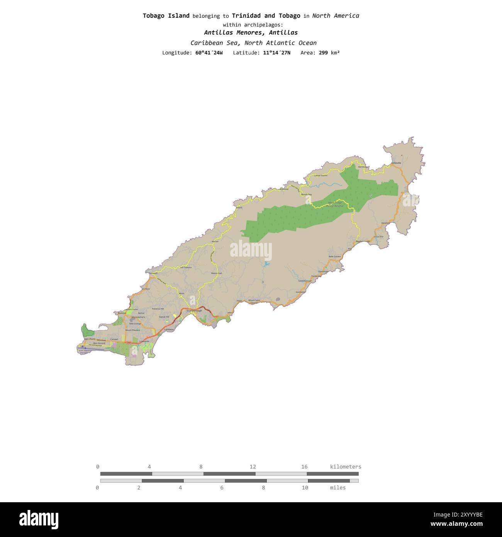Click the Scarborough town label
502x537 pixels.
(194, 311)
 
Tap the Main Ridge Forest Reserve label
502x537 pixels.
(335, 204)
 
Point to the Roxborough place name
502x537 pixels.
(363, 241)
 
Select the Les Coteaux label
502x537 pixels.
(186, 267)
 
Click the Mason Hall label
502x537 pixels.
(216, 274)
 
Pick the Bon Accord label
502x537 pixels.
(99, 343)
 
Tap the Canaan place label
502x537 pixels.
(114, 339)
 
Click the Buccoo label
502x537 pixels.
(122, 313)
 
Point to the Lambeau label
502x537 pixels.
(169, 329)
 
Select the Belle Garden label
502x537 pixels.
(335, 257)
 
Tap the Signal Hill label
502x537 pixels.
(164, 317)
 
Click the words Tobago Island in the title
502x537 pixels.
(166, 16)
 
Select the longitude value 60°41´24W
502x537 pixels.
(209, 53)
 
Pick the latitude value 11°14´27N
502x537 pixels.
(276, 53)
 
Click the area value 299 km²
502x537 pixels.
(329, 53)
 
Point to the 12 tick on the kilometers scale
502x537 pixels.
(253, 467)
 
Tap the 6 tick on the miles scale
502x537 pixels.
(222, 488)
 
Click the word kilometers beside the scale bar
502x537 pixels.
(346, 467)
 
